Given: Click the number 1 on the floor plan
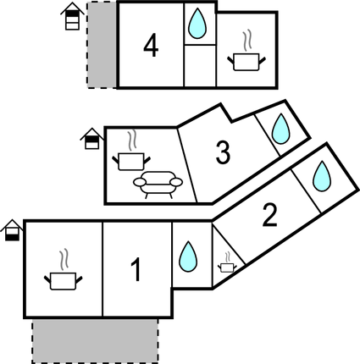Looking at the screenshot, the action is click(136, 270).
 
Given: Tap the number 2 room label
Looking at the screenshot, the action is click(270, 215).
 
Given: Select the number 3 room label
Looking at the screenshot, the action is click(223, 152).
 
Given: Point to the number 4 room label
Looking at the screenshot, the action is click(151, 46).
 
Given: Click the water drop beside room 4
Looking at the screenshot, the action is click(197, 24).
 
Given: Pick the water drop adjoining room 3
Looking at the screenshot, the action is click(280, 129).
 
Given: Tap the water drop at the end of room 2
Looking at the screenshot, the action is click(322, 176).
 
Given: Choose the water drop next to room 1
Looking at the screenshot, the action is click(188, 256).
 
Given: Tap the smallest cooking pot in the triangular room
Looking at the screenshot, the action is click(227, 262).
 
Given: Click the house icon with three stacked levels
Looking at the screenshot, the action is click(73, 16).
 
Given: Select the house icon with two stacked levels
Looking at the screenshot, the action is click(92, 139).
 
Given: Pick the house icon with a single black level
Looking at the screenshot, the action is click(12, 230).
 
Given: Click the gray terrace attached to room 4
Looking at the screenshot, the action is click(102, 45).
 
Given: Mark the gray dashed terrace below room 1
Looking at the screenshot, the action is click(95, 340).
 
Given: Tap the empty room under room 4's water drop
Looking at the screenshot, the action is click(200, 65).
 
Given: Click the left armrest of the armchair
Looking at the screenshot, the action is click(140, 182).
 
